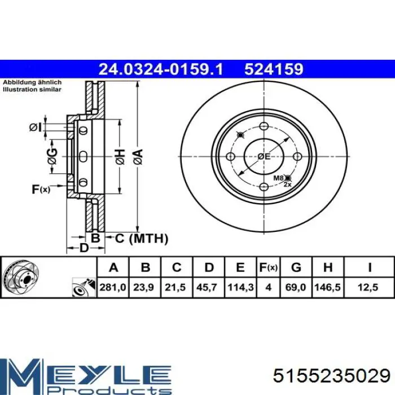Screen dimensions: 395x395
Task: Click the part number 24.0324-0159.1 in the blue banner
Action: point(161,69)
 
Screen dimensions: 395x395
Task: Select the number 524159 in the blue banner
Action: point(274,69)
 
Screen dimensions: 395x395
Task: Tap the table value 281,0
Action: point(113,287)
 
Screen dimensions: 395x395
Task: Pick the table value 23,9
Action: point(143,287)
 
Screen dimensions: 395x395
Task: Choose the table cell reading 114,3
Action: point(240,287)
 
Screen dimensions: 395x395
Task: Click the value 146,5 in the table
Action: point(327,287)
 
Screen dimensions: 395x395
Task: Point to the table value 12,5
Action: point(368,287)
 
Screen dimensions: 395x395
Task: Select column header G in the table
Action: point(296,267)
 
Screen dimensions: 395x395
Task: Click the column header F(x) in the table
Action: point(268,267)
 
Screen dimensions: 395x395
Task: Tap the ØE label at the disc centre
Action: point(264,156)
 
